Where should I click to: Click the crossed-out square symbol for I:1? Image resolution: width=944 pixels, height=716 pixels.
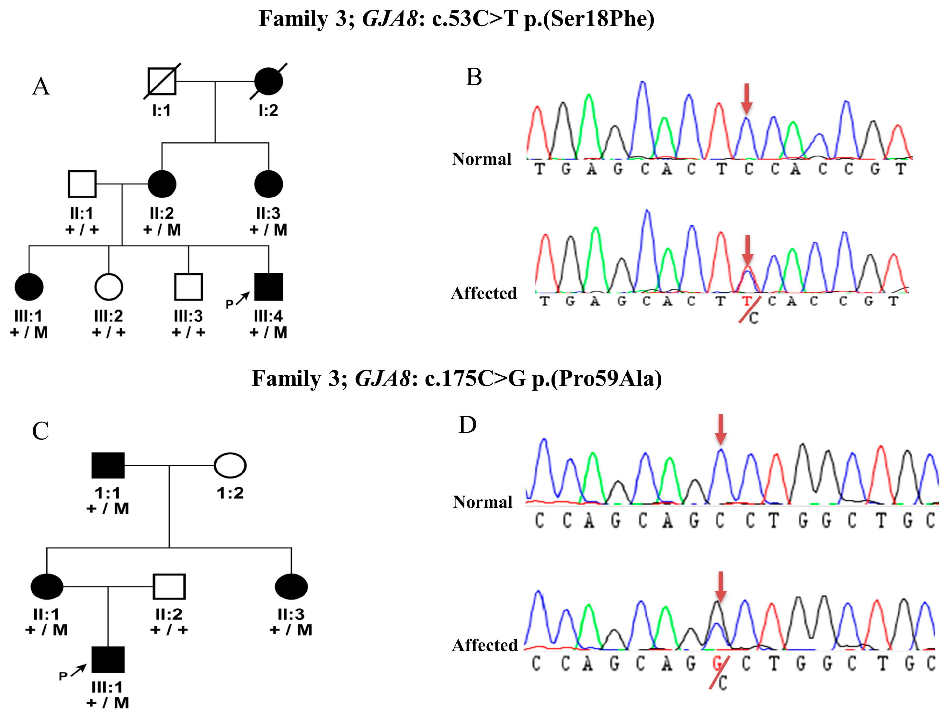coord(161,81)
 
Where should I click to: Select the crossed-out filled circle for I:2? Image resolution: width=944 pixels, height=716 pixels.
coord(268,81)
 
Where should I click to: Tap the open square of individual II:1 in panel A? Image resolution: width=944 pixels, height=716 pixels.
coord(82,184)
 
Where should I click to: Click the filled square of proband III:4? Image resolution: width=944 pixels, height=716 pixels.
coord(268,287)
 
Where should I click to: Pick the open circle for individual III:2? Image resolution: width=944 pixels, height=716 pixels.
coord(109,287)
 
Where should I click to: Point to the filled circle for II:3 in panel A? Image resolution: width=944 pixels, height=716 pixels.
coord(268,184)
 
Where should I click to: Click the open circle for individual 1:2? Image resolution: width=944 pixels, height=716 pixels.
coord(230,465)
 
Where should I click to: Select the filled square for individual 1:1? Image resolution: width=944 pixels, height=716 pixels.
coord(108,465)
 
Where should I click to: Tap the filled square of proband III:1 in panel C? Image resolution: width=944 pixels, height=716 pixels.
coord(108,660)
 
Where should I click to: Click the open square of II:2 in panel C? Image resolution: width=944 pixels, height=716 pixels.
coord(169,586)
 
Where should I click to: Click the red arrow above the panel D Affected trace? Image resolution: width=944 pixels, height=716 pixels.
coord(720,587)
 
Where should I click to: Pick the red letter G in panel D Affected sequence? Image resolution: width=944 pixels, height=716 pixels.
coord(717,663)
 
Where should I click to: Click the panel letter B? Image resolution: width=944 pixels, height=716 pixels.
coord(474,78)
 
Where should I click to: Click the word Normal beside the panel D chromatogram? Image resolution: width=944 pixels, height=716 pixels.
coord(482,502)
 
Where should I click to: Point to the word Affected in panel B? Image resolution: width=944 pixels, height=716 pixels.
coord(484,293)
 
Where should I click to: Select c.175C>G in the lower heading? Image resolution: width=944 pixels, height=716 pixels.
coord(475,379)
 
